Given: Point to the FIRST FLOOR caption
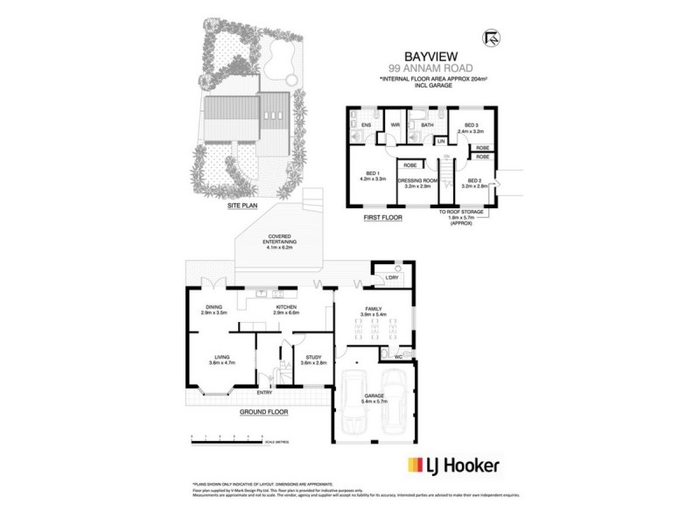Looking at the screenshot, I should pos(382,216).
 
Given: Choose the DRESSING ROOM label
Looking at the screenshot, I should pos(417,182).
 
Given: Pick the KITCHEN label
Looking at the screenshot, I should pos(286,307).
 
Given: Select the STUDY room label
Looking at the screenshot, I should pos(313,357).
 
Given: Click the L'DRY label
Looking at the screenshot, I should pos(391,279).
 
